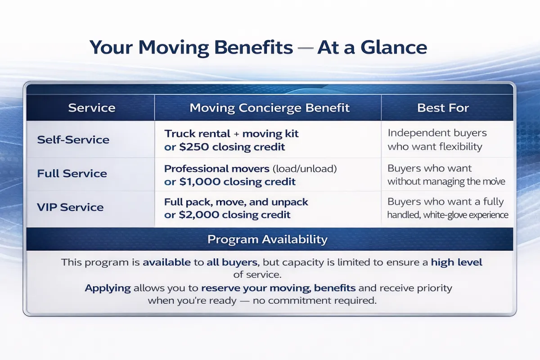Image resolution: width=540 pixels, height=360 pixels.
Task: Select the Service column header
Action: pyautogui.click(x=91, y=108)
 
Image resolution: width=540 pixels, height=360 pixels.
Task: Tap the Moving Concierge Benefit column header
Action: pyautogui.click(x=269, y=108)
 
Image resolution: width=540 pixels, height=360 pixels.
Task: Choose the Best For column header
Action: pyautogui.click(x=443, y=108)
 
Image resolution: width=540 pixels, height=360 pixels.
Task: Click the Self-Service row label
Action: pyautogui.click(x=73, y=139)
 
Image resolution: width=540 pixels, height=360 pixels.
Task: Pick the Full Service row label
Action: pyautogui.click(x=72, y=174)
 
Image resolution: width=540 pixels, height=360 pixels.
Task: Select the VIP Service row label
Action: pyautogui.click(x=70, y=207)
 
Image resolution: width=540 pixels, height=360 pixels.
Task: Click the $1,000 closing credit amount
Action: pyautogui.click(x=197, y=182)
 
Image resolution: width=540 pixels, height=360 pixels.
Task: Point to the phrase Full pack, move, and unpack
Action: pyautogui.click(x=236, y=202)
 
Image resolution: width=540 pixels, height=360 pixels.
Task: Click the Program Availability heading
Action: pyautogui.click(x=267, y=239)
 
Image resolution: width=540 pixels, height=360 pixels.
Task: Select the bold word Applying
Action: pyautogui.click(x=108, y=288)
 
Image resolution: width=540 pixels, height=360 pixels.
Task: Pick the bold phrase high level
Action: pyautogui.click(x=456, y=262)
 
